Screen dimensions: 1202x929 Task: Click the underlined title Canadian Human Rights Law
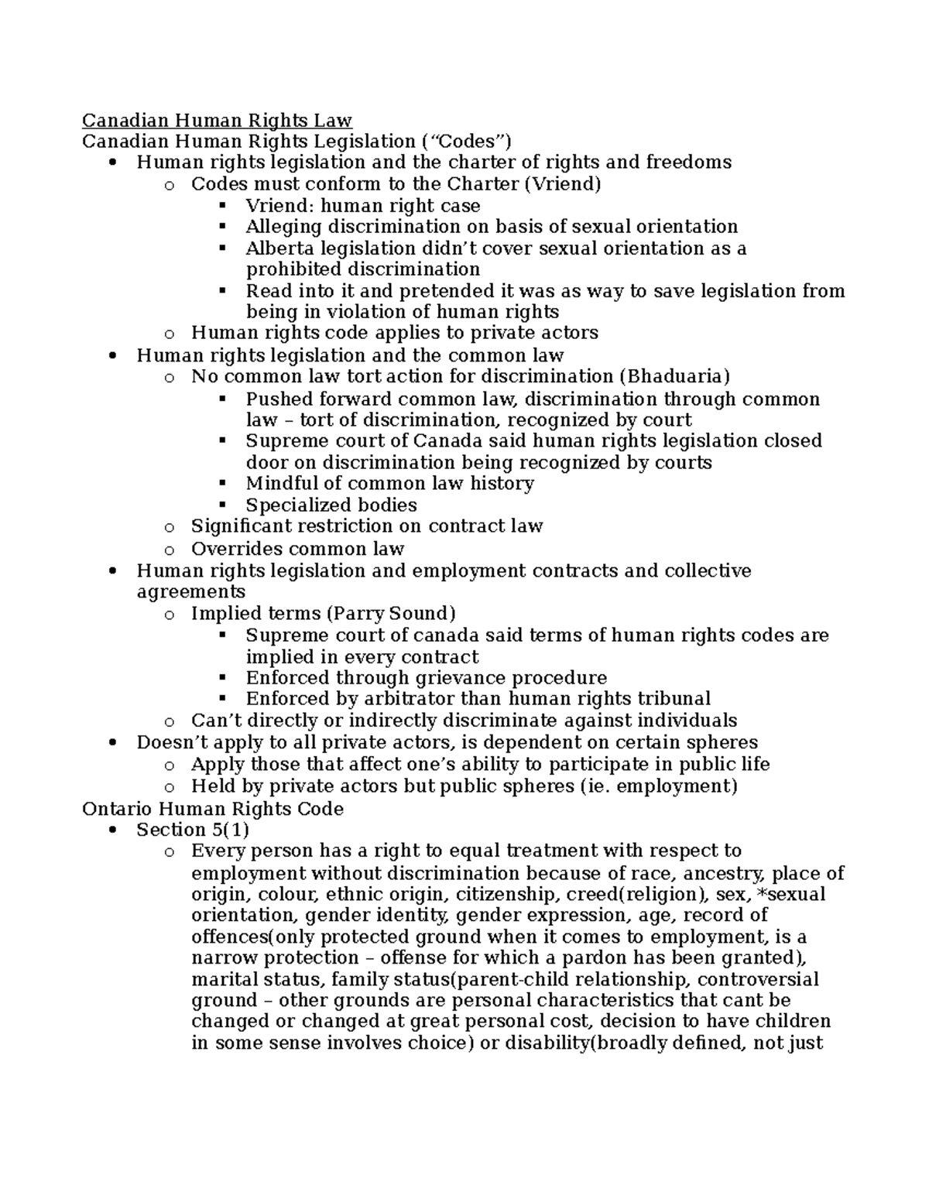pos(217,121)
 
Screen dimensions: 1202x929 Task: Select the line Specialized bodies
pos(331,505)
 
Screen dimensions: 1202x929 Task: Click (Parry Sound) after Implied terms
pos(391,614)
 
